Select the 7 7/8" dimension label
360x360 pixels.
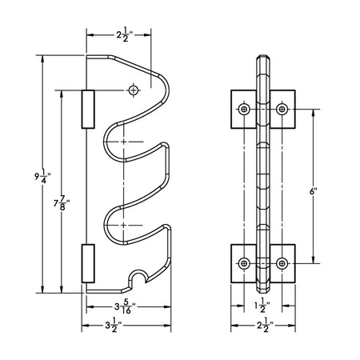[x=62, y=203]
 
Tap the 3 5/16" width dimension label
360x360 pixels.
[x=125, y=306]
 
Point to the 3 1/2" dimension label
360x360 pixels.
[x=114, y=325]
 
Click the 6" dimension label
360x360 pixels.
[x=314, y=192]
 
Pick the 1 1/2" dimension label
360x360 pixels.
[x=262, y=306]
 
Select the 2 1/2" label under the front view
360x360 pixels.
[x=265, y=326]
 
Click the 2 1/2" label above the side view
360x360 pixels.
[x=125, y=35]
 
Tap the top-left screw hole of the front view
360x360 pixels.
[x=244, y=109]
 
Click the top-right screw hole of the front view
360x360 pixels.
[x=282, y=109]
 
